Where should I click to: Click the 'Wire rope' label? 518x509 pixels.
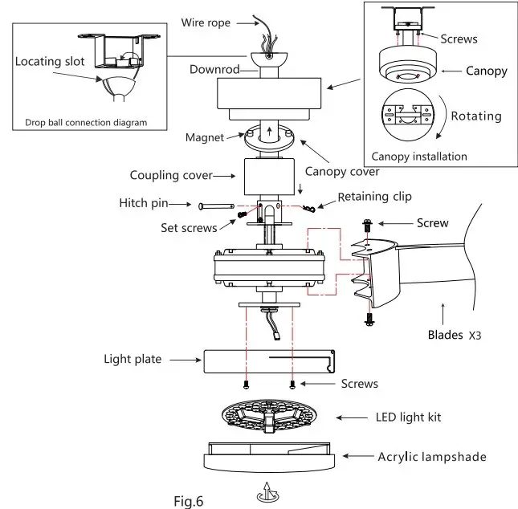[x=206, y=22]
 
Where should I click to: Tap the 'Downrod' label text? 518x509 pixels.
[x=214, y=69]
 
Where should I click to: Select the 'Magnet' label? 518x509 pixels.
[x=205, y=137]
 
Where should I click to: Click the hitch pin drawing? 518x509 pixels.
[x=216, y=206]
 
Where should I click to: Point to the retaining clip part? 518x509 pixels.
[x=309, y=208]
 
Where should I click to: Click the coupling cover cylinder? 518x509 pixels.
[x=269, y=177]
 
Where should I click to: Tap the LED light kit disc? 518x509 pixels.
[x=269, y=416]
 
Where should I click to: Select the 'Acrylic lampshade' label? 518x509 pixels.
[x=432, y=457]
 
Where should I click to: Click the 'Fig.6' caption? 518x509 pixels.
[x=188, y=501]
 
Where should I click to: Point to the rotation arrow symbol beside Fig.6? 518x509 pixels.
[x=267, y=492]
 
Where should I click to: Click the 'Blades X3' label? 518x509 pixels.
[x=455, y=335]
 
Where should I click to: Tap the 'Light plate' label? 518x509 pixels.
[x=133, y=359]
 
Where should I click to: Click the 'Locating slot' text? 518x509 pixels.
[x=50, y=62]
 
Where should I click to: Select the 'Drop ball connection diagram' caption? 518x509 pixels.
[x=86, y=123]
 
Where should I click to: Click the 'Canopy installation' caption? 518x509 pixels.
[x=419, y=157]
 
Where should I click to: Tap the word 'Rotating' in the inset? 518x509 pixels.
[x=476, y=116]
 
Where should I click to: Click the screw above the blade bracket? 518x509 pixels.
[x=367, y=226]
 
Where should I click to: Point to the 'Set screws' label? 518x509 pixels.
[x=189, y=228]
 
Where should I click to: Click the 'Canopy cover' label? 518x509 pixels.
[x=342, y=172]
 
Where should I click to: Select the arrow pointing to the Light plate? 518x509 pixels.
[x=186, y=360]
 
